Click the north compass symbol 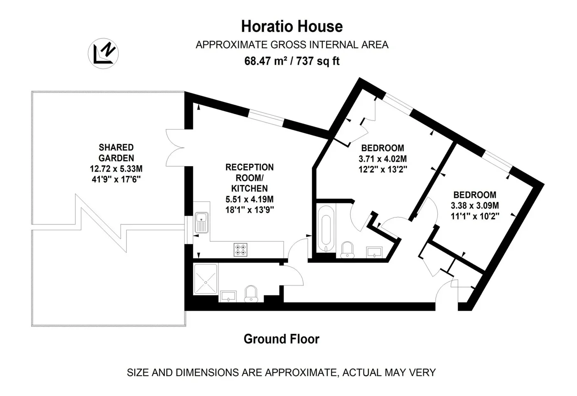click(x=103, y=53)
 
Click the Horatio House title click(x=292, y=26)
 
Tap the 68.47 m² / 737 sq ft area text click(x=292, y=61)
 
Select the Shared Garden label click(x=116, y=153)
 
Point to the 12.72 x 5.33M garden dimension click(x=116, y=169)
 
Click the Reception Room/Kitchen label click(x=249, y=178)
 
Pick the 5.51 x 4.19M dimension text click(x=249, y=199)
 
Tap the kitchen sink click(x=202, y=222)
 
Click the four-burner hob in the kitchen click(x=240, y=250)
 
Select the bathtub click(x=326, y=229)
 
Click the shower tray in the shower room click(x=206, y=279)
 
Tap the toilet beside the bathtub click(x=347, y=250)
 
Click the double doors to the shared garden click(x=175, y=148)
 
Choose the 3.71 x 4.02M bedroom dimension click(x=382, y=159)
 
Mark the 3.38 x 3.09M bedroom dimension click(x=475, y=205)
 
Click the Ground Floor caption click(x=281, y=339)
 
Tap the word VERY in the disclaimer click(x=423, y=372)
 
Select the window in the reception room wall click(x=266, y=118)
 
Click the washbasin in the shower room click(x=228, y=296)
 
